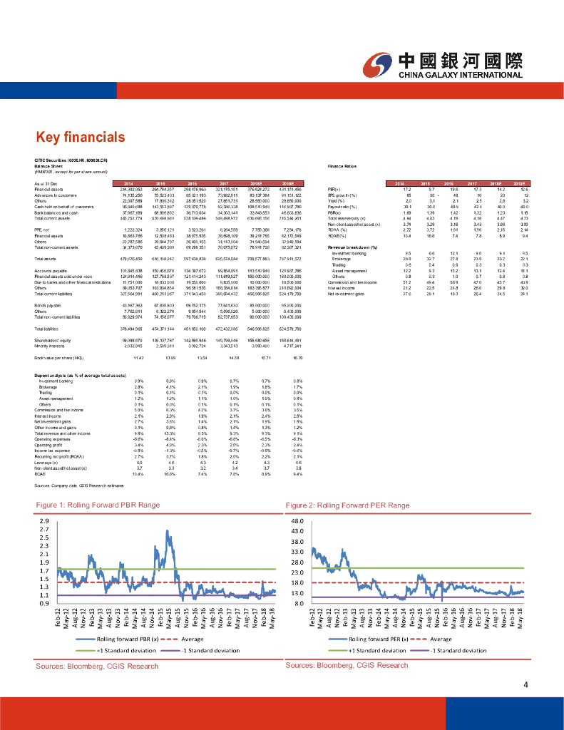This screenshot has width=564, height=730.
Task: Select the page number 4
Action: click(x=525, y=686)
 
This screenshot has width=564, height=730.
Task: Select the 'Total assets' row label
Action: click(x=46, y=258)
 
